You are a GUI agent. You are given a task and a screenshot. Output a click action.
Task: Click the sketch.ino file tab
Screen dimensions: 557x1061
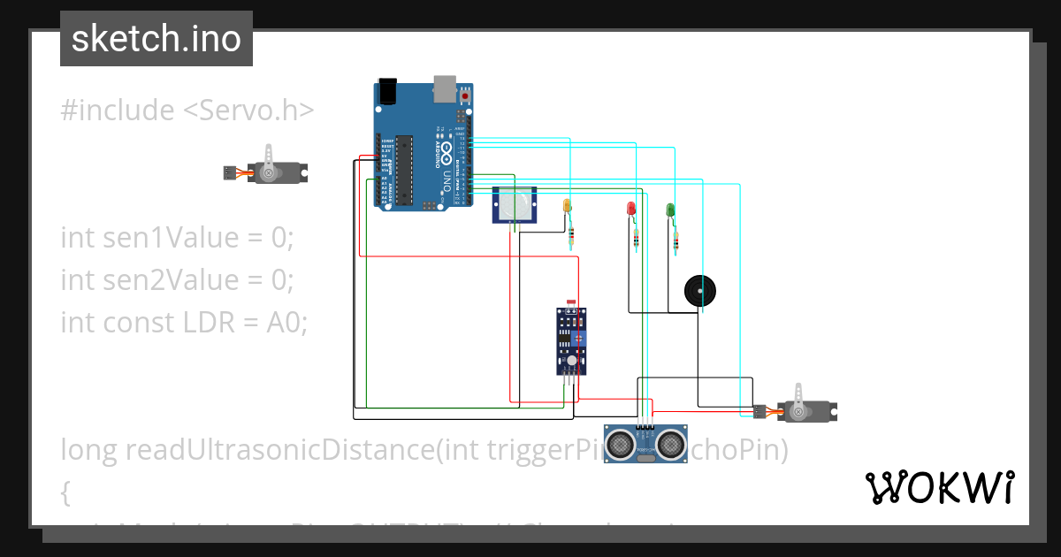(156, 39)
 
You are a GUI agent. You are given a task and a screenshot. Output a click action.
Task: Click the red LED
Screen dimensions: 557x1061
(631, 209)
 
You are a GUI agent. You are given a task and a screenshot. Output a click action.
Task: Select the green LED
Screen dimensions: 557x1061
(670, 210)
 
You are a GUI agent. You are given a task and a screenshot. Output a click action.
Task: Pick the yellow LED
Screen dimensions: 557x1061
(567, 206)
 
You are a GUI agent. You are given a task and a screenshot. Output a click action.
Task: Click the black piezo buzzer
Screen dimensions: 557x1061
(700, 291)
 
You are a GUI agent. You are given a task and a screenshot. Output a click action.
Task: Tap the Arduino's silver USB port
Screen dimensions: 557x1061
(445, 88)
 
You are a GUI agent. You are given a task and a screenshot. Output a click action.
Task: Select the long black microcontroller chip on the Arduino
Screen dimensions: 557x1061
(404, 168)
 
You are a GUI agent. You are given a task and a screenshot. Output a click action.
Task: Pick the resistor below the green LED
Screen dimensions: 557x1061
(676, 241)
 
